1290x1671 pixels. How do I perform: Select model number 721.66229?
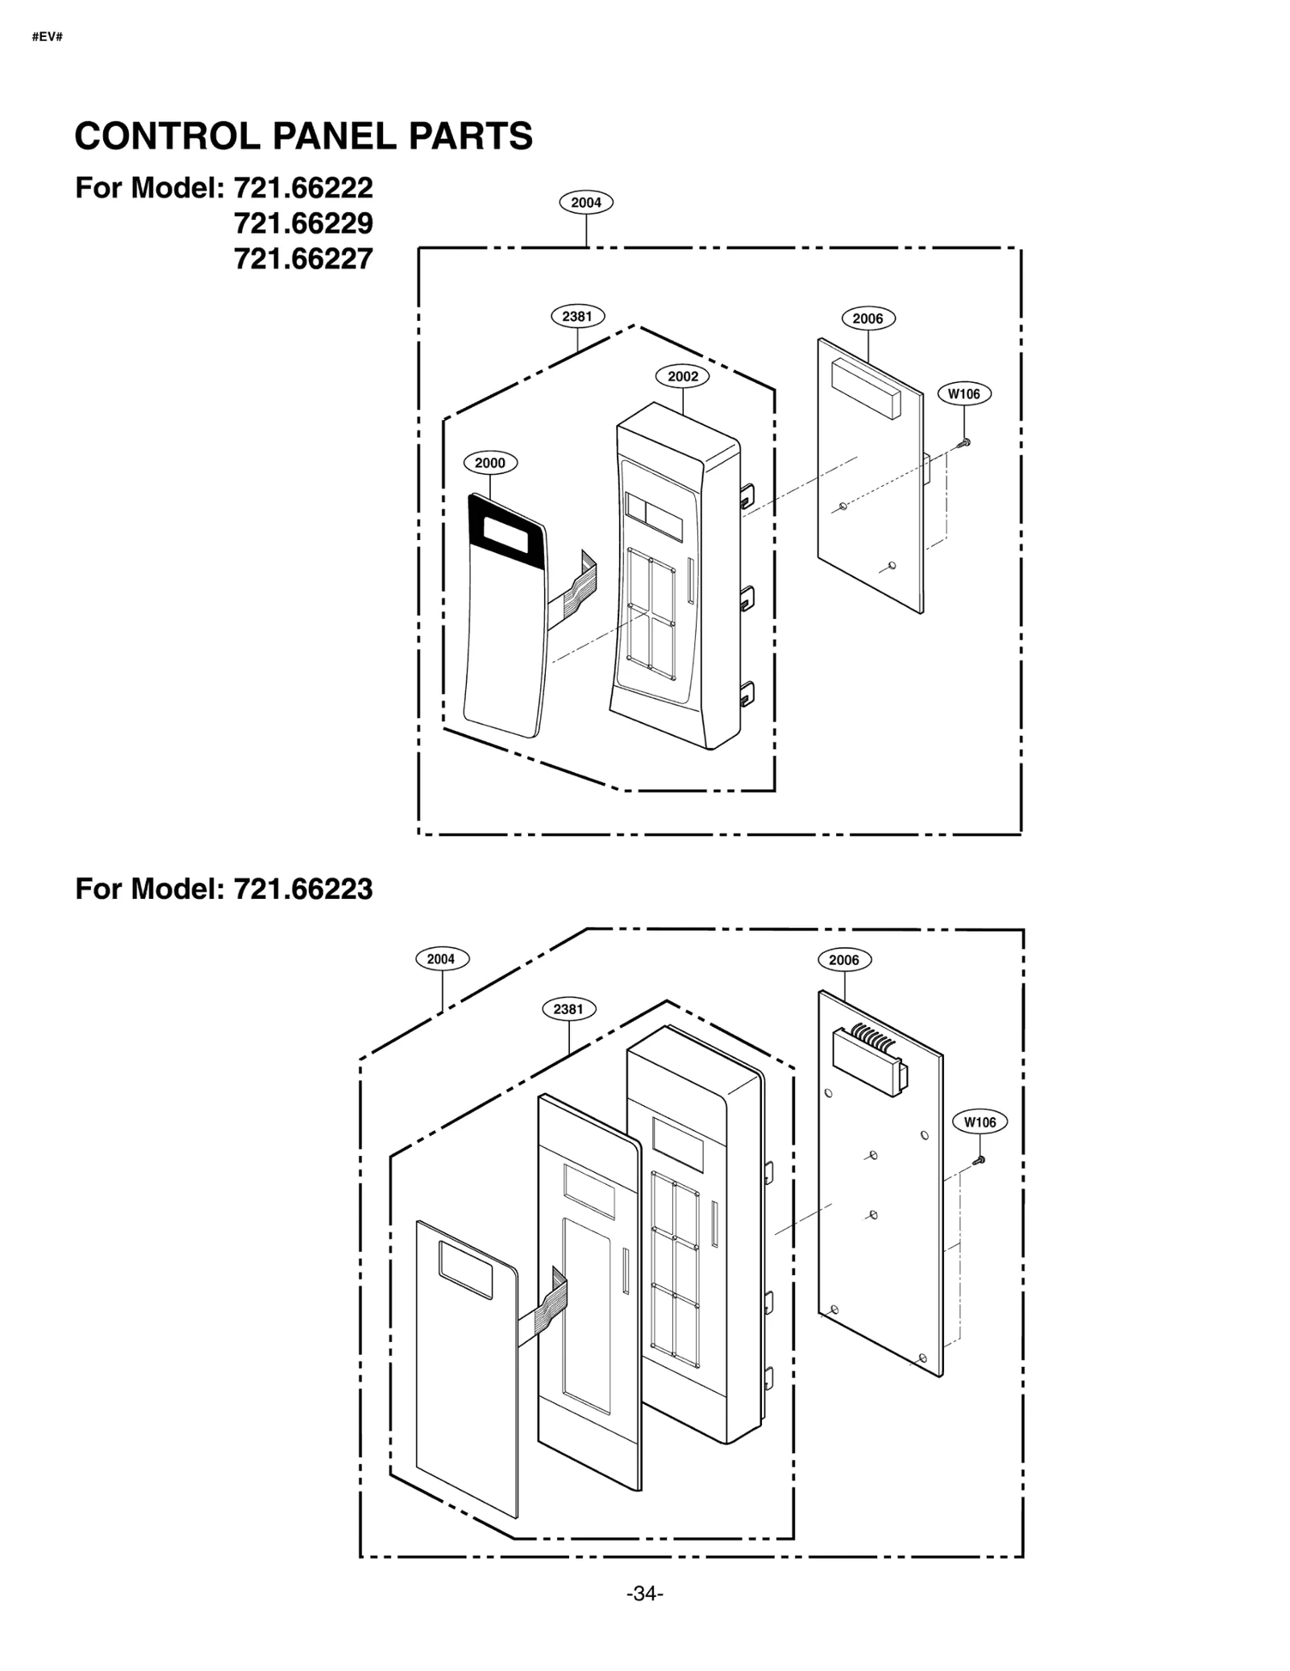click(303, 223)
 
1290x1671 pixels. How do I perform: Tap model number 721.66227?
click(303, 259)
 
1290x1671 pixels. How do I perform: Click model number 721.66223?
click(303, 889)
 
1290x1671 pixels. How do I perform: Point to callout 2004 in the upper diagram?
click(586, 202)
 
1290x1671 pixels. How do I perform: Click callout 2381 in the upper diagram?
click(577, 316)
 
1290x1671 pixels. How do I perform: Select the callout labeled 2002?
click(683, 376)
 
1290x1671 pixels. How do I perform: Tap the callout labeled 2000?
click(489, 463)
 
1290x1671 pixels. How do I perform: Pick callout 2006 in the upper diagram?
click(868, 318)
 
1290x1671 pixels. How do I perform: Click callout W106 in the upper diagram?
click(963, 394)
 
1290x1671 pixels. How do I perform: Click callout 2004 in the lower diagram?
click(441, 959)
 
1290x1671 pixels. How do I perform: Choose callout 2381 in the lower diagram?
click(568, 1009)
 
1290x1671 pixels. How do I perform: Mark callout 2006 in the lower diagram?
click(844, 960)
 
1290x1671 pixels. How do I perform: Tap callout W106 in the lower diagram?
click(980, 1122)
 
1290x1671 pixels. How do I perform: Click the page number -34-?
click(644, 1594)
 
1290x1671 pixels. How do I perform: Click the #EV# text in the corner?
click(47, 37)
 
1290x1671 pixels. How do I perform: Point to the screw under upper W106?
click(964, 443)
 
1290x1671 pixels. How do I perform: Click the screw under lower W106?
click(980, 1161)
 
